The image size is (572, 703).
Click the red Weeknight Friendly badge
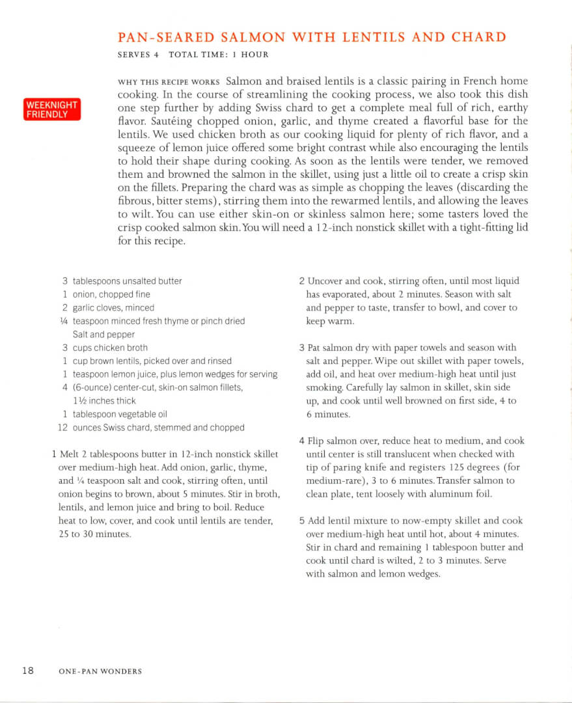pos(52,109)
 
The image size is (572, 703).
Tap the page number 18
pos(28,670)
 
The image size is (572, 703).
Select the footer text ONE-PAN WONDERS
pos(100,671)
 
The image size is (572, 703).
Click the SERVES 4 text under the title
pos(138,55)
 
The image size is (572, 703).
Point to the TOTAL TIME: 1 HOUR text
pos(218,55)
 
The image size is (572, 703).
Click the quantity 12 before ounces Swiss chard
pos(62,428)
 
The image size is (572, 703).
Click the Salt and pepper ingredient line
pos(104,335)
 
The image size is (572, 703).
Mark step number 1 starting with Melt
pos(53,454)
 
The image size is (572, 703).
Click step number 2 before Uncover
pos(302,281)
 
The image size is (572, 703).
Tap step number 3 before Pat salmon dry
pos(302,348)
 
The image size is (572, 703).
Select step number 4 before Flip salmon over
pos(302,441)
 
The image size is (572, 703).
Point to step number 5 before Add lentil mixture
pos(302,521)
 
